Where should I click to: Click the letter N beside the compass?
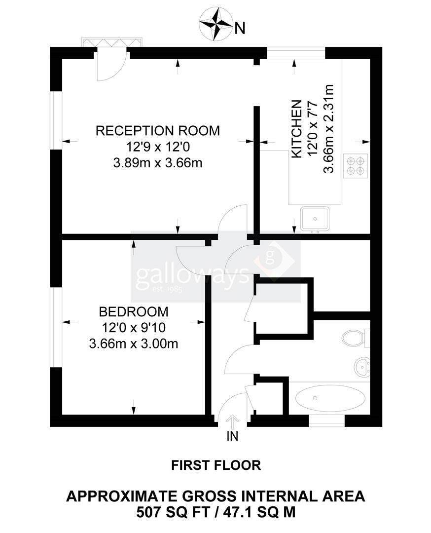[240, 29]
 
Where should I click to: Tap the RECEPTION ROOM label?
[157, 131]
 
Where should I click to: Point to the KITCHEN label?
[296, 129]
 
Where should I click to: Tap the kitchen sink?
[315, 219]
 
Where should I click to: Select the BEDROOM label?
[134, 312]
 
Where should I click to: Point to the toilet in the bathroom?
[354, 338]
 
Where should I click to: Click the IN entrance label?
[232, 436]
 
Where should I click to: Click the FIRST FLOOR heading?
[215, 464]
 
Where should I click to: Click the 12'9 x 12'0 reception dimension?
[157, 147]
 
